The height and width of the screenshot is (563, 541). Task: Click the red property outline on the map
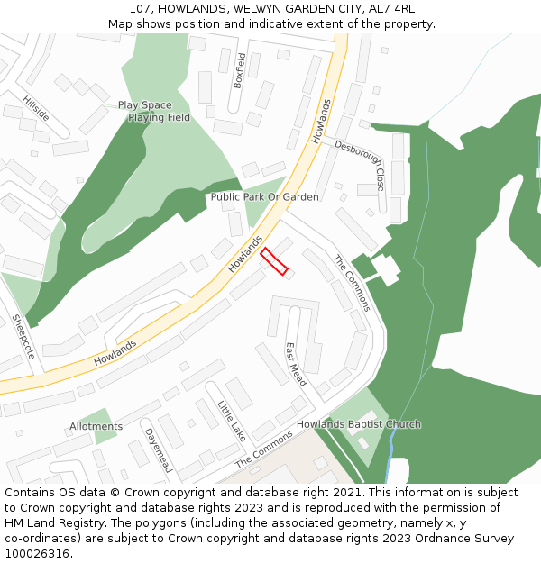tap(274, 261)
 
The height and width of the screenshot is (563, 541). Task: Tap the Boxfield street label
tap(240, 69)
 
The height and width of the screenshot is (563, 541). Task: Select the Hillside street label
tap(36, 108)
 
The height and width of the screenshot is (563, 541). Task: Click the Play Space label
tap(144, 105)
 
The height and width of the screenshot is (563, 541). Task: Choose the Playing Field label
tap(159, 118)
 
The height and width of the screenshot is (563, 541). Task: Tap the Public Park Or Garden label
tap(264, 196)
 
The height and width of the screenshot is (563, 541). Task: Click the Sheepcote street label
tap(23, 336)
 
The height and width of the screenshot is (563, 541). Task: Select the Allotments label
tap(96, 426)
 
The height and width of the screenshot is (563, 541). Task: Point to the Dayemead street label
tap(158, 449)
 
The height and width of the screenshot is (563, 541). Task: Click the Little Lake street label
tap(232, 421)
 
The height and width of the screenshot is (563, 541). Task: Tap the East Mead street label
tap(295, 364)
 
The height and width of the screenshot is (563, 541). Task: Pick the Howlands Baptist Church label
tap(359, 424)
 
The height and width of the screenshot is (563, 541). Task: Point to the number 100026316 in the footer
tap(36, 554)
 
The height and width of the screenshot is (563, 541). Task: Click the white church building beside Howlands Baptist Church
tap(359, 440)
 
